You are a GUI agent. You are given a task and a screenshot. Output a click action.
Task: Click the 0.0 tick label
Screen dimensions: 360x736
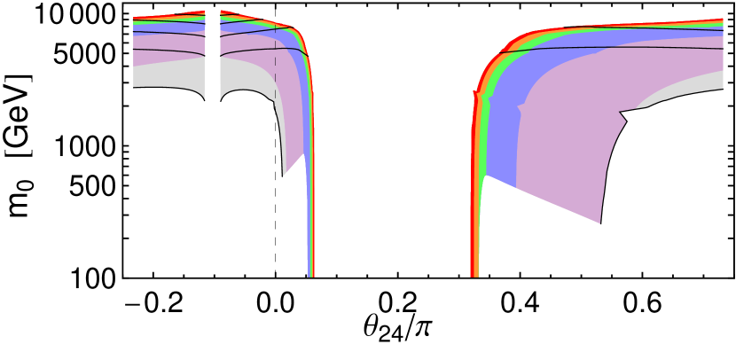275,304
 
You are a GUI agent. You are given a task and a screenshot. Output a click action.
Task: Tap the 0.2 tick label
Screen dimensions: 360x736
397,304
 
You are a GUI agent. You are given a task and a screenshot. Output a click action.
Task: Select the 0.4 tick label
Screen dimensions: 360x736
520,304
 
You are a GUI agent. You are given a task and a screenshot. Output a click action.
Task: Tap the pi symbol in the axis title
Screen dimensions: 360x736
421,327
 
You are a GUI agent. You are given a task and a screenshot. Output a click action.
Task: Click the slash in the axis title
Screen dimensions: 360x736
409,327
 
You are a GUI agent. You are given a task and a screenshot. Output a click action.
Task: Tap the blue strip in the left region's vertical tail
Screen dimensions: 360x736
308,177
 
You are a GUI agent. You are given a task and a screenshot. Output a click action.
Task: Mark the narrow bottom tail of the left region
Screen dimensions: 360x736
311,257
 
